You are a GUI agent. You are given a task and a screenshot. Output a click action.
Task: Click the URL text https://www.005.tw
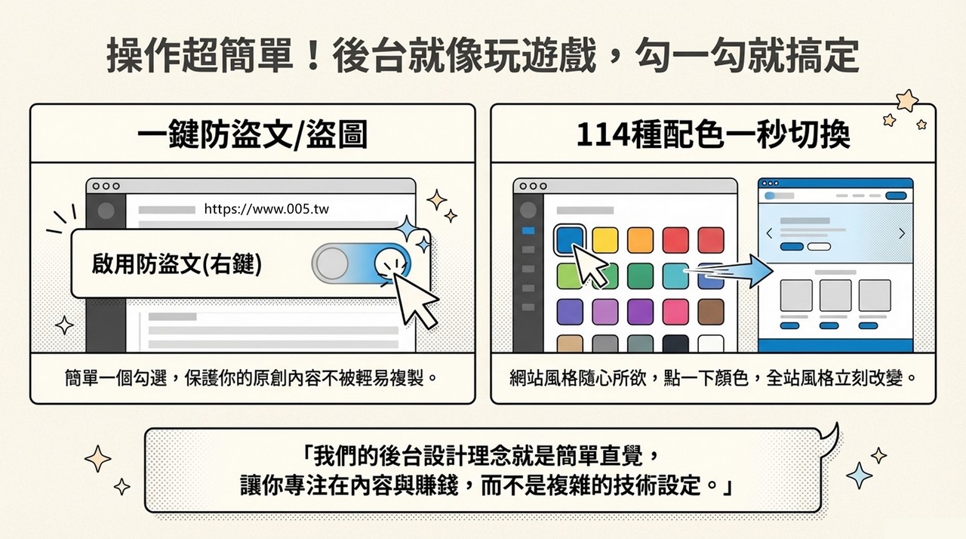(x=266, y=209)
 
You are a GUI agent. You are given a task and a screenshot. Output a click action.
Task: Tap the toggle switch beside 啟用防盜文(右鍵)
(x=361, y=263)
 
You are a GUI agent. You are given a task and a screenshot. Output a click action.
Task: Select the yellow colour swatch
(x=605, y=240)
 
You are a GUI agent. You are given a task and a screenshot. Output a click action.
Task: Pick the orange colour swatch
(x=640, y=240)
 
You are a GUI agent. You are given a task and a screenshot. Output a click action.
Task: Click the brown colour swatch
(x=711, y=311)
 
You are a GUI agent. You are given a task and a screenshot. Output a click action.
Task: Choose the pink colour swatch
(x=675, y=311)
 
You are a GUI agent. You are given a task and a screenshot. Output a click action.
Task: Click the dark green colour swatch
(x=640, y=276)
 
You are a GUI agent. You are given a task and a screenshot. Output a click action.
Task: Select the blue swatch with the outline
(x=570, y=239)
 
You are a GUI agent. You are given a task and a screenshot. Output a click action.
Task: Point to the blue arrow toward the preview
(x=728, y=271)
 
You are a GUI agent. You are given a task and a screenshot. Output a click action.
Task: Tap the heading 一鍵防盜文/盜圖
(x=252, y=134)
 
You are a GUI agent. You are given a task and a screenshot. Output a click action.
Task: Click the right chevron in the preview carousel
(x=902, y=233)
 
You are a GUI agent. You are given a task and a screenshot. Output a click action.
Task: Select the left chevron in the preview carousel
(x=769, y=233)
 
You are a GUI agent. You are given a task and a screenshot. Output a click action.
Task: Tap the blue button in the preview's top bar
(x=896, y=196)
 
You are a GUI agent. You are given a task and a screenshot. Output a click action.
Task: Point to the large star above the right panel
(x=907, y=100)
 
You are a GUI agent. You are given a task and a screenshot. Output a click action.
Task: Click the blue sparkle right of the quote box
(x=859, y=475)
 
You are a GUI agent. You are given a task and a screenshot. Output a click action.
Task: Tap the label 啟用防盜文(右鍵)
(x=177, y=263)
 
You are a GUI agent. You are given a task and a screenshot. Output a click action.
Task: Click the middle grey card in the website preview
(x=835, y=295)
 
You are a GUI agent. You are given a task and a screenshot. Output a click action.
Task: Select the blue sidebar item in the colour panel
(x=528, y=231)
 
